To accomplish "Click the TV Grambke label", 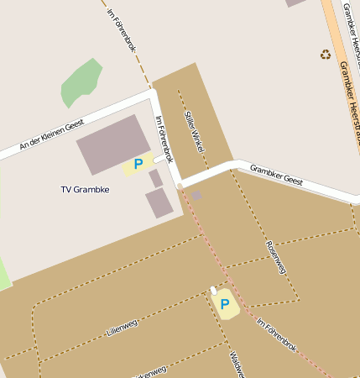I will point(85,189).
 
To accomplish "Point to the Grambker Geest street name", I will point(276,174).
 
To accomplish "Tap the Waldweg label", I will point(235,362).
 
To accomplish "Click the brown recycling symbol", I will point(326,55).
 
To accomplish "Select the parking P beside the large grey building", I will point(138,165).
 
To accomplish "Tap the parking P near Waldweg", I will point(225,303).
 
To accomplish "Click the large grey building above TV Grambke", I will point(114,144).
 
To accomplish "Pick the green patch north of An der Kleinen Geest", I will point(81,81).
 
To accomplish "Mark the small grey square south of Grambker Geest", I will point(196,196).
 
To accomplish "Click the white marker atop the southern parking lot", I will point(214,291).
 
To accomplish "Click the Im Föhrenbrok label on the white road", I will point(164,139).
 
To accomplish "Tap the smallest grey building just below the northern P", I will point(155,178).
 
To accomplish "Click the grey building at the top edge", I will point(295,3).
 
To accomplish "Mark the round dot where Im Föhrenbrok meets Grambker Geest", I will point(180,186).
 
